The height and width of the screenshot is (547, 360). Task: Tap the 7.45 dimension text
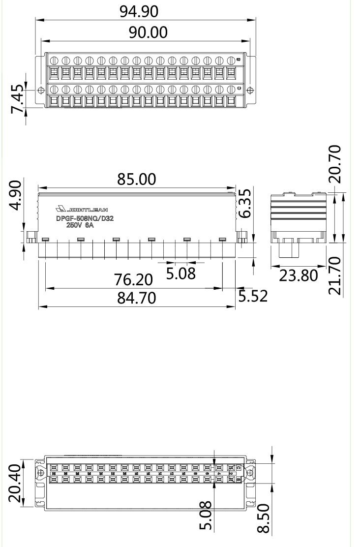18,97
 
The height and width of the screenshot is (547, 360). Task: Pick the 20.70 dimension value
336,164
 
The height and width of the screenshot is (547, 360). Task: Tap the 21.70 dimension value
336,275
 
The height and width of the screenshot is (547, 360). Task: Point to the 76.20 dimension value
133,280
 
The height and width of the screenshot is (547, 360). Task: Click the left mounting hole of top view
41,91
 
